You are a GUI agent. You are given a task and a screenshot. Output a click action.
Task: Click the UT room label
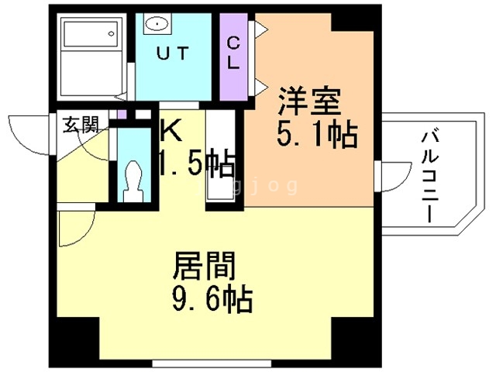pos(173,53)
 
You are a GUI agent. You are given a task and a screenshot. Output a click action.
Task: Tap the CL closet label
pos(232,53)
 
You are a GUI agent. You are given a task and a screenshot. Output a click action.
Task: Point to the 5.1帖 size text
pos(318,136)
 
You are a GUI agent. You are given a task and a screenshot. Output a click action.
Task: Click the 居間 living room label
pos(203,267)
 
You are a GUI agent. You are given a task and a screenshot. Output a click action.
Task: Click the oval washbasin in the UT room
pos(158,23)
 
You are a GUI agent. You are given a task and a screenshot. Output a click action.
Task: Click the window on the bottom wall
pos(193,361)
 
